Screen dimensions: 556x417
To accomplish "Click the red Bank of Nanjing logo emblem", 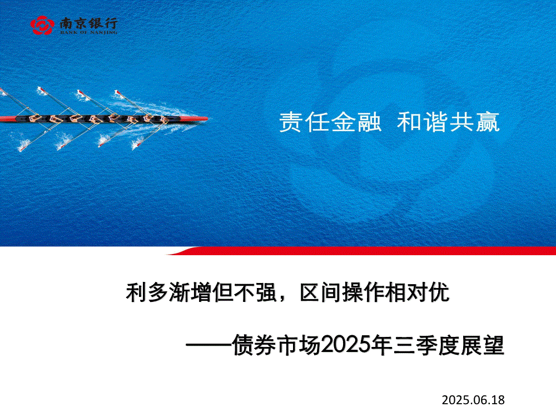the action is pos(42,25).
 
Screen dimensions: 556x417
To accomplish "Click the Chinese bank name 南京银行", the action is pos(88,23).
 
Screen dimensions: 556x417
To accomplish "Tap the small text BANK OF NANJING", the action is pos(88,32).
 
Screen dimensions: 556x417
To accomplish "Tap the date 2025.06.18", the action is pos(473,400).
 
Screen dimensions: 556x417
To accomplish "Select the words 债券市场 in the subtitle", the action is pos(276,345).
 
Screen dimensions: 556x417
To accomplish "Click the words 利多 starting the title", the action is pos(147,292).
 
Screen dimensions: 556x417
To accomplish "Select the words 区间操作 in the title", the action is pos(342,292).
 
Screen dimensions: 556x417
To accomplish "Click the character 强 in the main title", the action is pos(266,292).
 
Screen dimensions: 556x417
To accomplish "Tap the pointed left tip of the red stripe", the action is pos(167,254).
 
